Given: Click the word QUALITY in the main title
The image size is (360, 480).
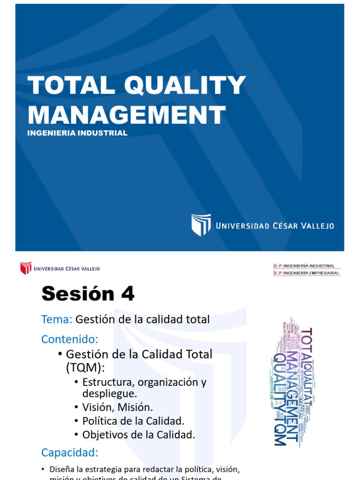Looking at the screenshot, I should coord(185,85).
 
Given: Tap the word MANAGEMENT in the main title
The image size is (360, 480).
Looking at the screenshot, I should coord(127,114).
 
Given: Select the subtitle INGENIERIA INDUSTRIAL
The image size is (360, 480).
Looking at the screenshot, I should coord(77,133).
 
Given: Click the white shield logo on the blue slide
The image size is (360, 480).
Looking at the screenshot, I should coord(201,225).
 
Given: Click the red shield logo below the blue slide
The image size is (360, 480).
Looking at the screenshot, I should coord(25,269).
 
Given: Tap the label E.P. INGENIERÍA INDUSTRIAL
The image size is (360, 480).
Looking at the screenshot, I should coord(305,266).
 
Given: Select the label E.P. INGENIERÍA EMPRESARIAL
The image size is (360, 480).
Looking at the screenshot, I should coord(307,273).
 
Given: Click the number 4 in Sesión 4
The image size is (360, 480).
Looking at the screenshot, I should coord(127,294).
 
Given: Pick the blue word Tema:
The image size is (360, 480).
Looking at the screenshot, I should coord(57,320).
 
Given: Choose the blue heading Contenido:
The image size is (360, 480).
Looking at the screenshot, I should coord(69,339).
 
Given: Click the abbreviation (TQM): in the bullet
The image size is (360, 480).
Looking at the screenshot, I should coord(85,368).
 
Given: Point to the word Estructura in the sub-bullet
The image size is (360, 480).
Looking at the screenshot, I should coord(106,382).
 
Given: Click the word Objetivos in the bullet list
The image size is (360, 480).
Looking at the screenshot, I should coord(104,435).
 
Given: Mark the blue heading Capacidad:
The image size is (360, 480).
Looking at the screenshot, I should coord(69,453).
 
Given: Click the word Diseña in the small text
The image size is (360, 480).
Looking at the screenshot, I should coord(60,469).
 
